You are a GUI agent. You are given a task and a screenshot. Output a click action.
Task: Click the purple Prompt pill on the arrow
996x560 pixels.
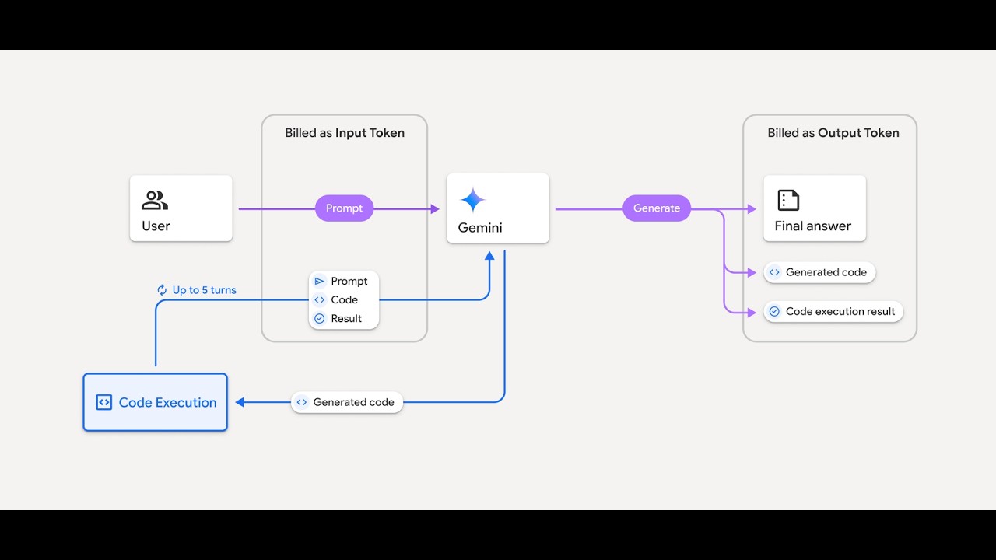tap(344, 208)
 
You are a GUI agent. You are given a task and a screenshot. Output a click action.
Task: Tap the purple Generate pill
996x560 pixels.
tap(657, 208)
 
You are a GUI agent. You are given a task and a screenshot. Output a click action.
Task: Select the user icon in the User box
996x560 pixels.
tap(155, 200)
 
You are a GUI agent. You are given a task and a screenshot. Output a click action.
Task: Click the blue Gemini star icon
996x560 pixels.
tap(472, 200)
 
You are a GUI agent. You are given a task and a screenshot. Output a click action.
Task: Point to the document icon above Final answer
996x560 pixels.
tap(788, 200)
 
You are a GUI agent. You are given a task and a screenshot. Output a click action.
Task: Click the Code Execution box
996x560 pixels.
tap(155, 402)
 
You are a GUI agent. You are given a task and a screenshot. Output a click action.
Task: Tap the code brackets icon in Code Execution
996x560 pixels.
tap(104, 402)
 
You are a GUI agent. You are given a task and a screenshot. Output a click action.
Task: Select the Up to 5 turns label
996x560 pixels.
tap(204, 290)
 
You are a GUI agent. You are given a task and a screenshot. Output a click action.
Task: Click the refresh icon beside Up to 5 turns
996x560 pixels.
tap(162, 290)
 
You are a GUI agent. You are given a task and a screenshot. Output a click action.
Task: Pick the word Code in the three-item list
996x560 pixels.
tap(344, 300)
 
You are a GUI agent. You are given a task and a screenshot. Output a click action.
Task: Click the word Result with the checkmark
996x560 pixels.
tap(346, 319)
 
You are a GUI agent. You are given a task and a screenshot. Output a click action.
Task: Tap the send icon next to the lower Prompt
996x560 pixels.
tap(319, 281)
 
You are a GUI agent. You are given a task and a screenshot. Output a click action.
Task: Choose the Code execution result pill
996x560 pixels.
tap(833, 312)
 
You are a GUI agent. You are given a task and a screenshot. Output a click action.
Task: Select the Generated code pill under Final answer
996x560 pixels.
tap(819, 272)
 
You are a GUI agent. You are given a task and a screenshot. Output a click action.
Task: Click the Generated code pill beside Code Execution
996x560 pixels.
tap(347, 402)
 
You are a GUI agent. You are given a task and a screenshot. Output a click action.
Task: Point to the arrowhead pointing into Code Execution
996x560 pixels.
tap(240, 402)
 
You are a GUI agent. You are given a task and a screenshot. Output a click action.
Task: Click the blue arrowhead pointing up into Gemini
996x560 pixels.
tap(489, 256)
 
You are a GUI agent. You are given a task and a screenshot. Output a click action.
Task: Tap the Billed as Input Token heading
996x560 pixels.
tap(345, 133)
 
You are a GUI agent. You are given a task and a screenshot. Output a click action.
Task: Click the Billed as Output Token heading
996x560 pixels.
tap(833, 133)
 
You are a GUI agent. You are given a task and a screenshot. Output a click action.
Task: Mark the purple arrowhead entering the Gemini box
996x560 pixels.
tap(435, 209)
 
